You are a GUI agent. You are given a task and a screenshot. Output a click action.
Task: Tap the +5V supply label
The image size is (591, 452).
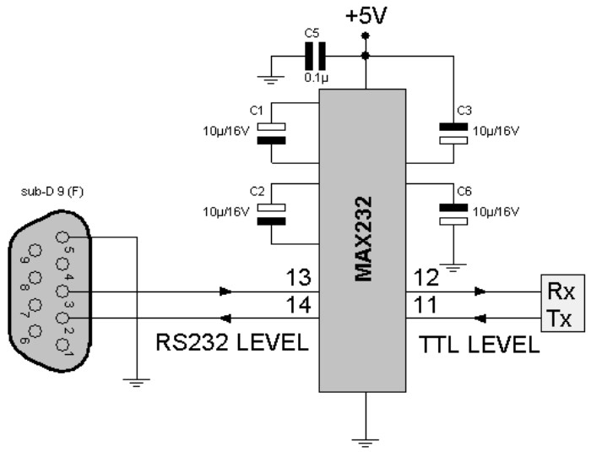point(365,14)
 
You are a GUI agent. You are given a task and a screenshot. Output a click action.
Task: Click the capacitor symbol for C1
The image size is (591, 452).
point(272,133)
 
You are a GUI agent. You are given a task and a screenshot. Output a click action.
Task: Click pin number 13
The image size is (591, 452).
point(300,278)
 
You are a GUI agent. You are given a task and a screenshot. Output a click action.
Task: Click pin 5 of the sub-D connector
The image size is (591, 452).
point(62,239)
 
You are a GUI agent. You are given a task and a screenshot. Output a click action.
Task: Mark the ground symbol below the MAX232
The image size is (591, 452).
point(365,438)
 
